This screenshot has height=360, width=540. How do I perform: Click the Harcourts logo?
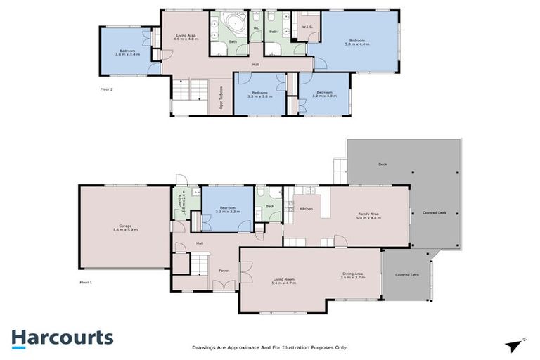pyautogui.click(x=62, y=337)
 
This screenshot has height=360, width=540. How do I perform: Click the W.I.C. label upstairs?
pyautogui.click(x=307, y=27)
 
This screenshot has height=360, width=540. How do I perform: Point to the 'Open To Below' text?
pyautogui.click(x=221, y=102)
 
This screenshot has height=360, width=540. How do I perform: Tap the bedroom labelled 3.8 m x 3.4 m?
pyautogui.click(x=127, y=52)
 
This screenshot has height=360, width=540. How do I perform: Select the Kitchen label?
pyautogui.click(x=306, y=209)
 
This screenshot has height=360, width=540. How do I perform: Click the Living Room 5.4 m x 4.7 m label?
pyautogui.click(x=284, y=281)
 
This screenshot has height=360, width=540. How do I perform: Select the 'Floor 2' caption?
pyautogui.click(x=106, y=89)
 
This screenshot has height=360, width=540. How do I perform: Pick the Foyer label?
pyautogui.click(x=224, y=269)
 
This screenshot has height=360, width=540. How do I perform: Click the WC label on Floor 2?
pyautogui.click(x=256, y=28)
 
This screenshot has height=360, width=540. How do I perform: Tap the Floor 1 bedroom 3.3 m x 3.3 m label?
pyautogui.click(x=227, y=210)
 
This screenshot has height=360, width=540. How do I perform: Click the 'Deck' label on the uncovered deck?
pyautogui.click(x=382, y=164)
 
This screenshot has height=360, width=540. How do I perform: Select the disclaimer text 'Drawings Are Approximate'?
pyautogui.click(x=269, y=347)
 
